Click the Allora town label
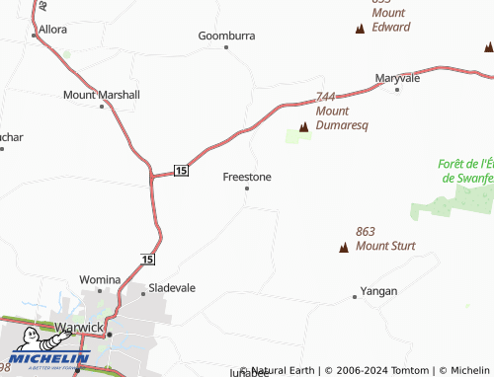coord(52,29)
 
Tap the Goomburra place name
coord(226,36)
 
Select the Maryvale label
coord(398,77)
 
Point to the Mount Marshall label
coord(102,95)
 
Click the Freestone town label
coord(247,177)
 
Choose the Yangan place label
coord(378,291)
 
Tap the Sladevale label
coord(172,288)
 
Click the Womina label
coord(100,280)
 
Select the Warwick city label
coord(78,327)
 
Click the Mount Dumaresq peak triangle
coord(304,127)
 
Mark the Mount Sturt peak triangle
coord(344,247)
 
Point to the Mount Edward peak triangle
coord(360,29)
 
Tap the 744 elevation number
coord(328,97)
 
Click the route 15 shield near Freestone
coord(181,171)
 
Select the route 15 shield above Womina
coord(147,260)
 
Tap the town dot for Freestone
coord(247,188)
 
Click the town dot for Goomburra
coord(226,46)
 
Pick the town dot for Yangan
coord(355,296)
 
